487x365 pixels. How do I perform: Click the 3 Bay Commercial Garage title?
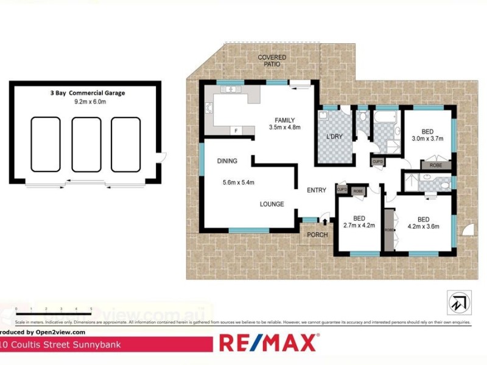(x=87, y=93)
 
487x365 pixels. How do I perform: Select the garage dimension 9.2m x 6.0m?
(x=86, y=102)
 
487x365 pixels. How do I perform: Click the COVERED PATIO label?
(x=272, y=61)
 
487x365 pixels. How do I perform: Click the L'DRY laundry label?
(x=335, y=137)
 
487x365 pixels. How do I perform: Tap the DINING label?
(x=226, y=161)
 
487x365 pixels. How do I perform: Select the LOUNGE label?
(x=272, y=204)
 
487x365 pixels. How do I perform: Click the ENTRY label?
(x=316, y=190)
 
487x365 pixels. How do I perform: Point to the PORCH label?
(x=317, y=235)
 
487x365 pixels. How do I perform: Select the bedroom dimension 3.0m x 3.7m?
(x=428, y=139)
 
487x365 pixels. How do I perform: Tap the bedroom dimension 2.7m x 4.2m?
(x=359, y=226)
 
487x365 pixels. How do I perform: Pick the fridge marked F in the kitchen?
(x=235, y=130)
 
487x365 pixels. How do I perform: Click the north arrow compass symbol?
(x=457, y=302)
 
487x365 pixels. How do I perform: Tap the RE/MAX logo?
(x=268, y=342)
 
